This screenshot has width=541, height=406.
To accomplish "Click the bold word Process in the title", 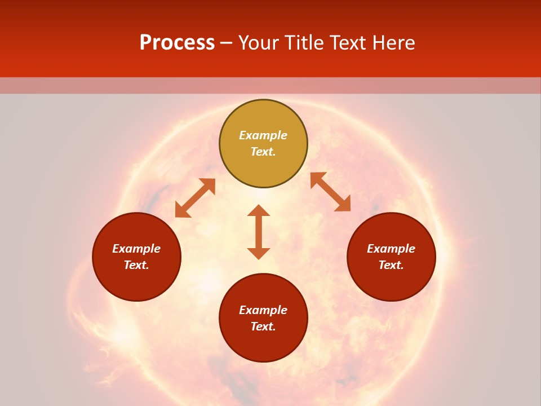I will pyautogui.click(x=177, y=43).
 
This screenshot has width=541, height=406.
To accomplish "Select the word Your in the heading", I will pyautogui.click(x=260, y=43).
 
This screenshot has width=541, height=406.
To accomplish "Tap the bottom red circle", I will pyautogui.click(x=263, y=344).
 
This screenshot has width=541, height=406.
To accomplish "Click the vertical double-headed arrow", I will pyautogui.click(x=259, y=232).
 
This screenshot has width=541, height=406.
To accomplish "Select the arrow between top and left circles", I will pyautogui.click(x=195, y=198).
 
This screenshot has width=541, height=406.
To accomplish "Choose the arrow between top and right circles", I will pyautogui.click(x=331, y=192).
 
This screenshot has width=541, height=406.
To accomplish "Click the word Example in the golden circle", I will pyautogui.click(x=263, y=135).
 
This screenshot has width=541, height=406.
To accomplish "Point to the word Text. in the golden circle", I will pyautogui.click(x=263, y=152).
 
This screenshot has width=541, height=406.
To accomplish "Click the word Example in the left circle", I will pyautogui.click(x=136, y=249).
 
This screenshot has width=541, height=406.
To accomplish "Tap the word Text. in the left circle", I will pyautogui.click(x=136, y=265).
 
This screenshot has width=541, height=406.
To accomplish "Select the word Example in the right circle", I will pyautogui.click(x=391, y=249).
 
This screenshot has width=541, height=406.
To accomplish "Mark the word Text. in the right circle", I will pyautogui.click(x=391, y=265).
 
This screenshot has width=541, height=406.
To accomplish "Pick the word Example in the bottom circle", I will pyautogui.click(x=263, y=310).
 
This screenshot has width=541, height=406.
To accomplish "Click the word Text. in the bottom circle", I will pyautogui.click(x=263, y=326).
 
